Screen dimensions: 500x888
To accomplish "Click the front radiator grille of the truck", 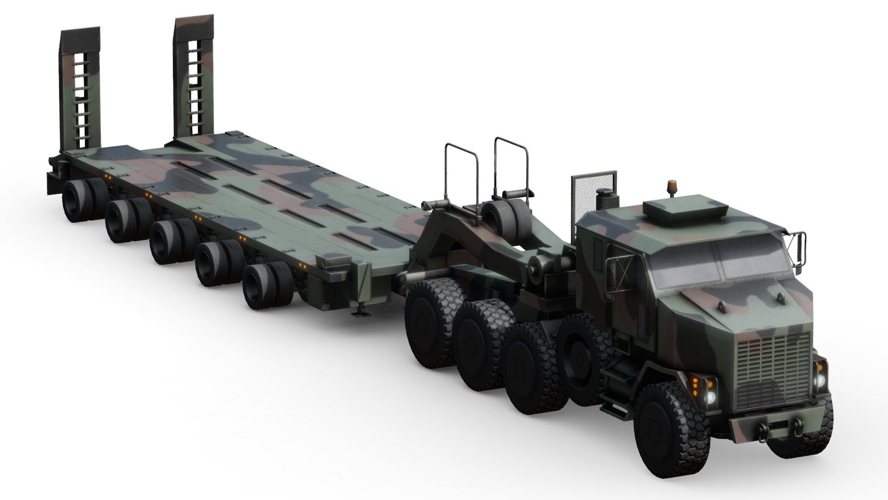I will pyautogui.click(x=773, y=370).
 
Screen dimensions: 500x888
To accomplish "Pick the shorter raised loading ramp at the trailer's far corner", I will pyautogui.click(x=80, y=88).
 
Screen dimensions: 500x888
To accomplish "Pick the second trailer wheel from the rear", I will pyautogui.click(x=121, y=221).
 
